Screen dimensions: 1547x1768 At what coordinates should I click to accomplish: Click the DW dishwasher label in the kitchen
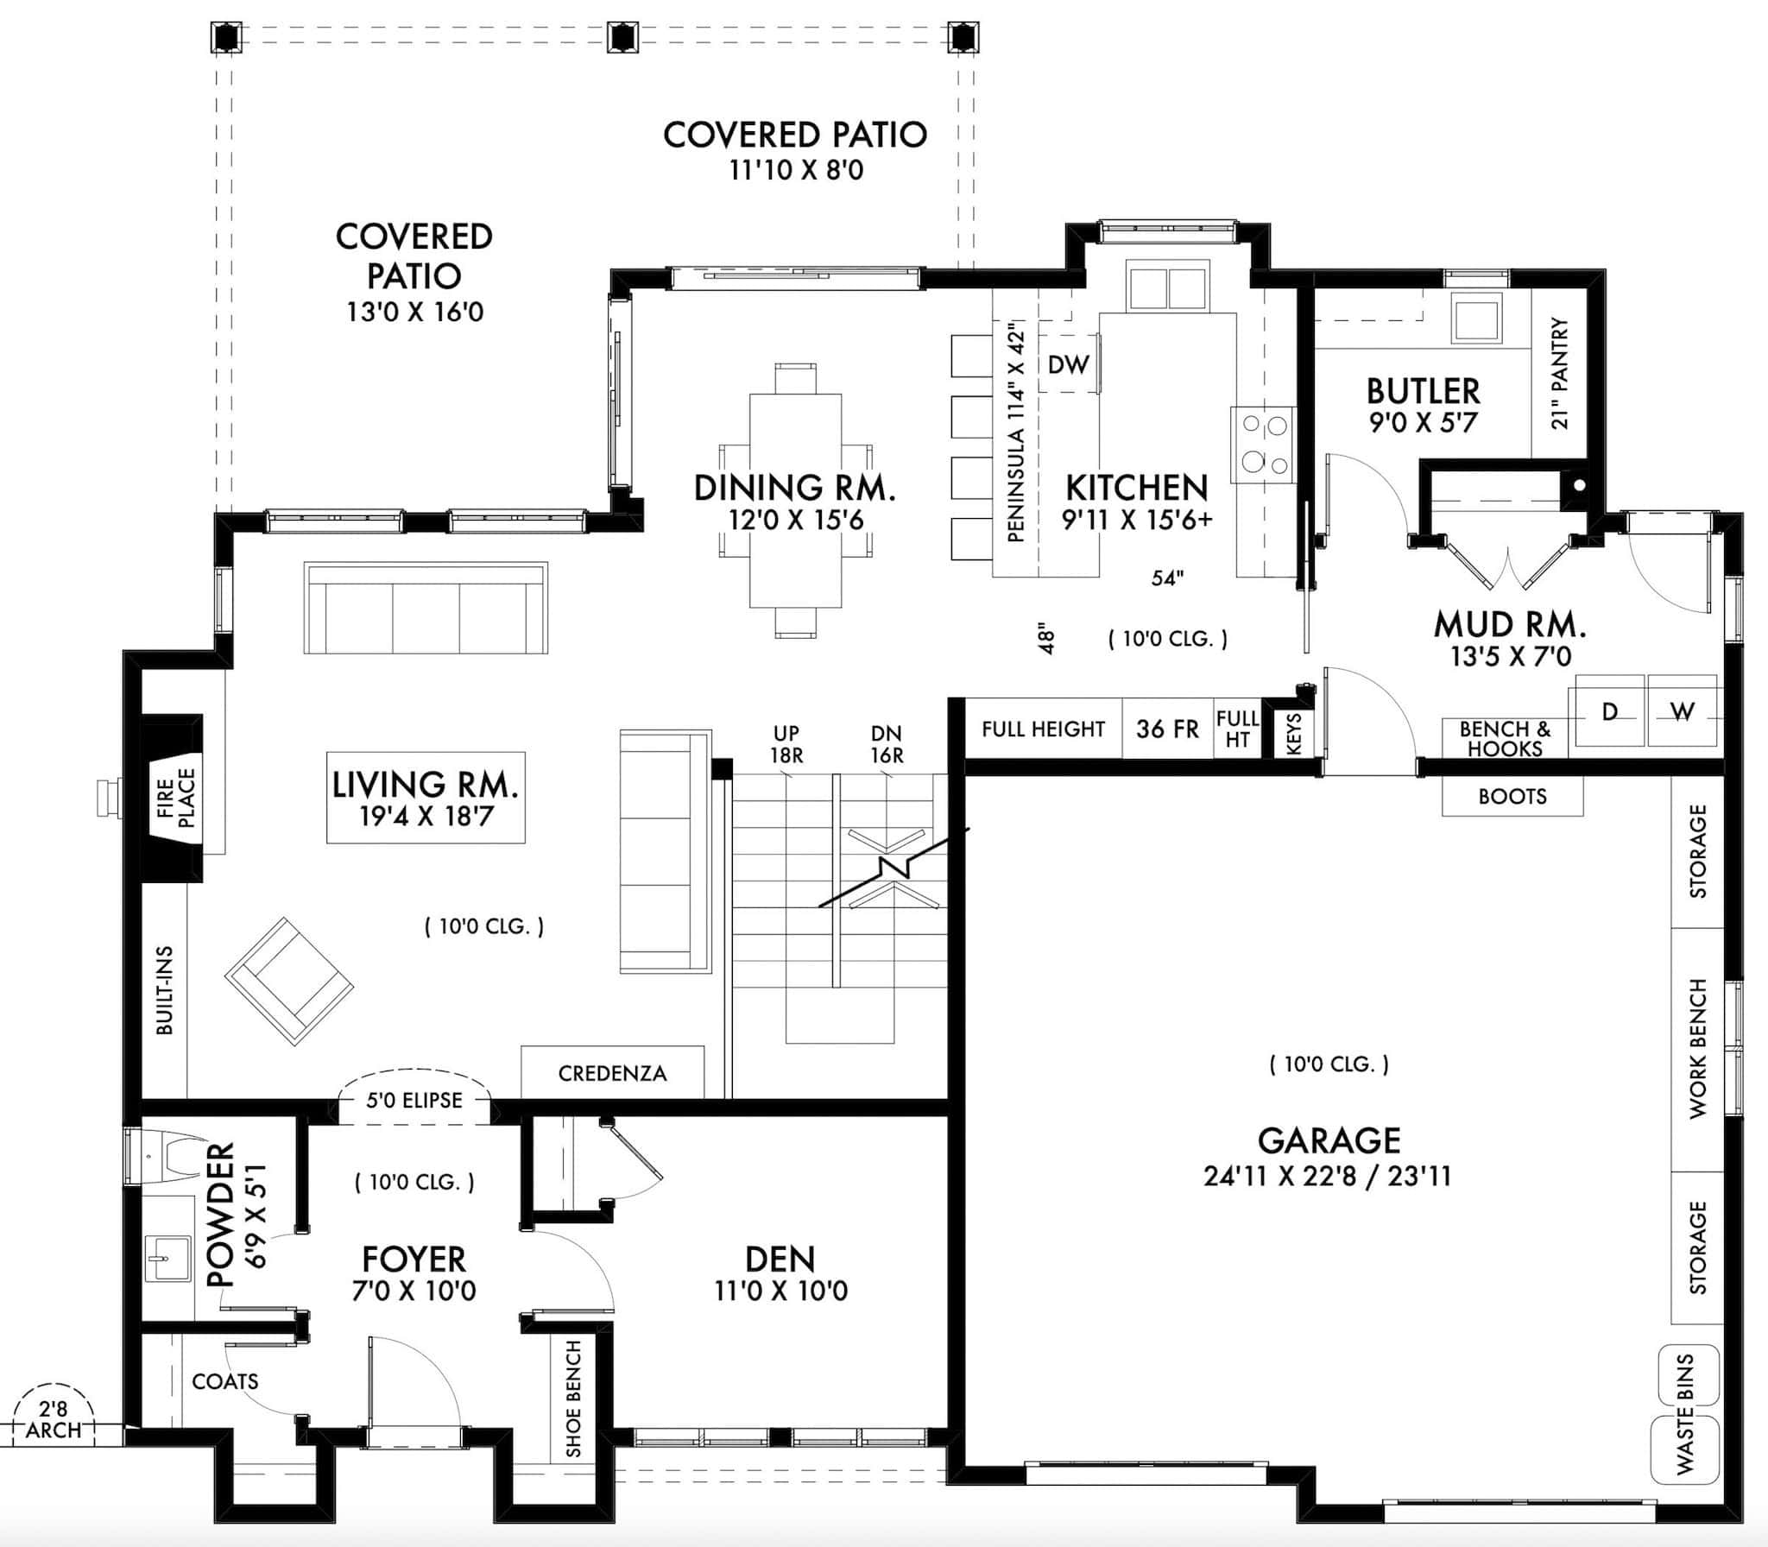1068,365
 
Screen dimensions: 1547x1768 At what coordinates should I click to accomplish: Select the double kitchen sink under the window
1167,287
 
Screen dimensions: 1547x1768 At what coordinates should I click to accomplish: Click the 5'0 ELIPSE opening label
414,1100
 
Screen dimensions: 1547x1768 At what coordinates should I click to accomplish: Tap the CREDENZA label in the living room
612,1073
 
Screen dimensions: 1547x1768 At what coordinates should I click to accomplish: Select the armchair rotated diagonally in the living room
289,981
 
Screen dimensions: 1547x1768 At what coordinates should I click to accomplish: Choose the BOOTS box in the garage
1512,796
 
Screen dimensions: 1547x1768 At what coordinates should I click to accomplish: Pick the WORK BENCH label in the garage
1697,1049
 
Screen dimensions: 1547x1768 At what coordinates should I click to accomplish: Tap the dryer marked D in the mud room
1609,711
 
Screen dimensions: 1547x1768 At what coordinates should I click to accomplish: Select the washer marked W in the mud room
1683,711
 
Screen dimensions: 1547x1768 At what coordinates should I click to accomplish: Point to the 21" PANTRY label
1559,373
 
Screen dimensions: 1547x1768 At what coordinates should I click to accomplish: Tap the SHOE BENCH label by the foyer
573,1398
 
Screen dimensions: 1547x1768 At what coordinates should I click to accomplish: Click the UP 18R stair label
786,744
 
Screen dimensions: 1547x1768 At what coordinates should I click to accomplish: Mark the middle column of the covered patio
621,37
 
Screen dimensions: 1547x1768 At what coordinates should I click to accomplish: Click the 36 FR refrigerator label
1167,729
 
